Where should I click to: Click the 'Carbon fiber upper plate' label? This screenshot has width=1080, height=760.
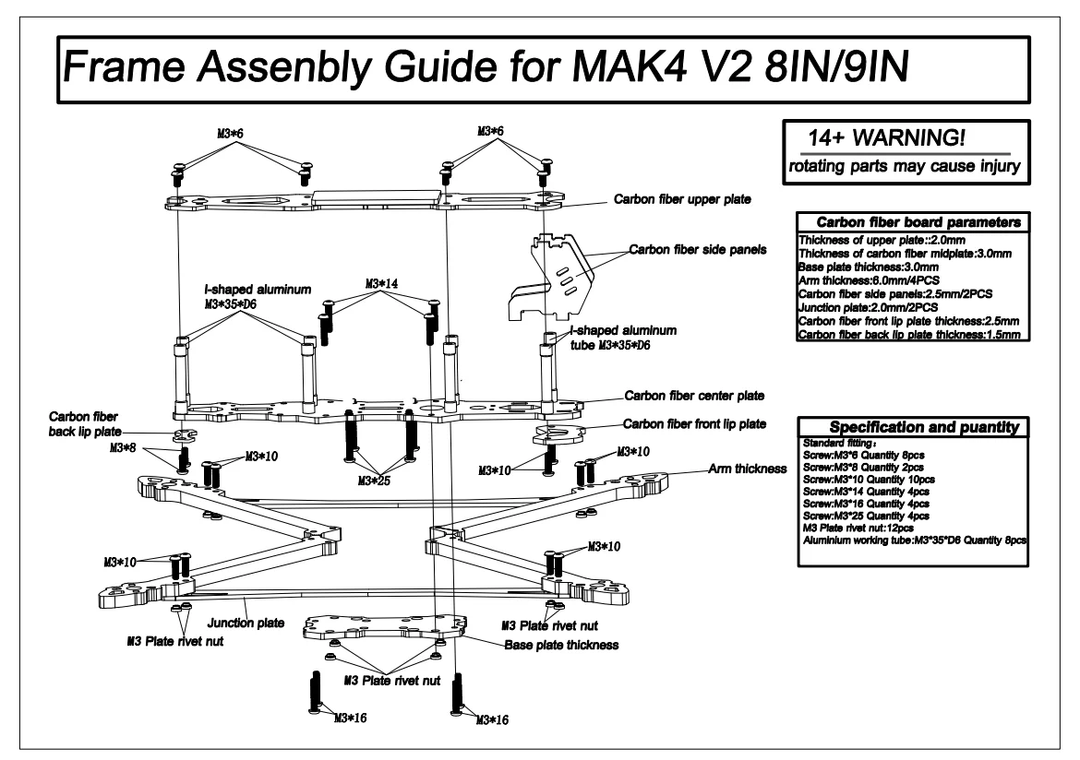(x=682, y=199)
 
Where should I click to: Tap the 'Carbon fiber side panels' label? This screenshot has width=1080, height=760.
(x=698, y=250)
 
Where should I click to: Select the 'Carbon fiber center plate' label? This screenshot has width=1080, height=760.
(x=694, y=396)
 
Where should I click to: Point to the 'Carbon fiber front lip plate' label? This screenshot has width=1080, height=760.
(x=694, y=424)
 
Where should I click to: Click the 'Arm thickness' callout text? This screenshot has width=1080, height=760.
(x=748, y=469)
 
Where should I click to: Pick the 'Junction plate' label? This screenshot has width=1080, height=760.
(x=246, y=623)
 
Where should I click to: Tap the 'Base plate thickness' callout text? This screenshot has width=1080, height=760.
(x=561, y=645)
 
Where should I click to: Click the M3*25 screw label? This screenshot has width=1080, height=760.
(x=374, y=481)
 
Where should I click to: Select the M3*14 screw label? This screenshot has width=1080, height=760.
(x=381, y=284)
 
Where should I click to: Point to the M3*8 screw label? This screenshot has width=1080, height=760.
(x=123, y=448)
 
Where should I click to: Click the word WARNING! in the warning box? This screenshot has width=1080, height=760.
(x=908, y=137)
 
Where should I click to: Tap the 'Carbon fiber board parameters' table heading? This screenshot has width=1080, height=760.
(x=918, y=222)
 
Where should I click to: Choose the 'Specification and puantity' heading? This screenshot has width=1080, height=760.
(x=924, y=427)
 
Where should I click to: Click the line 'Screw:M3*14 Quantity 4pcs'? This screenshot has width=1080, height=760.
(x=866, y=492)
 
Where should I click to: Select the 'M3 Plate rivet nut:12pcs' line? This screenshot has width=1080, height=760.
(x=858, y=528)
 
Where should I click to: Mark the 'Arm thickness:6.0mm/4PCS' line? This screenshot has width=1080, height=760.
(x=869, y=281)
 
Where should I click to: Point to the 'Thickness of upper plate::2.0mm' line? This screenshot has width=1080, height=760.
(x=882, y=240)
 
